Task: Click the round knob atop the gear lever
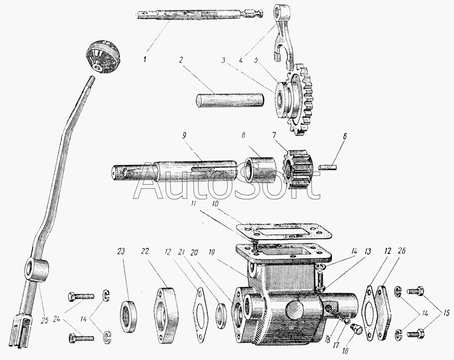[103, 57]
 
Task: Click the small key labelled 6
[327, 167]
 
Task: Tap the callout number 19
[212, 252]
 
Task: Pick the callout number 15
[445, 313]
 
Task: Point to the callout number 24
[58, 320]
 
